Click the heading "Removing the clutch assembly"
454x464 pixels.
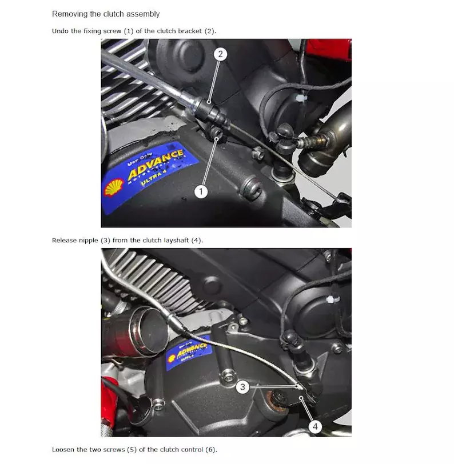pos(106,14)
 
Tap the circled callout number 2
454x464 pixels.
pos(220,54)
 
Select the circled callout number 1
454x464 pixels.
pos(201,191)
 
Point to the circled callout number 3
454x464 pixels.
pos(242,387)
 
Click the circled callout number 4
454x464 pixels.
pos(315,426)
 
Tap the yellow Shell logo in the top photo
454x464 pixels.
pos(113,187)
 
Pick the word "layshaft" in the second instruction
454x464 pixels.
pos(176,241)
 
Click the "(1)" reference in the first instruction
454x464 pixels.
pos(128,31)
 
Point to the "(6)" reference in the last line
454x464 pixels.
pos(211,450)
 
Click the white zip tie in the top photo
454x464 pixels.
pos(300,98)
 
